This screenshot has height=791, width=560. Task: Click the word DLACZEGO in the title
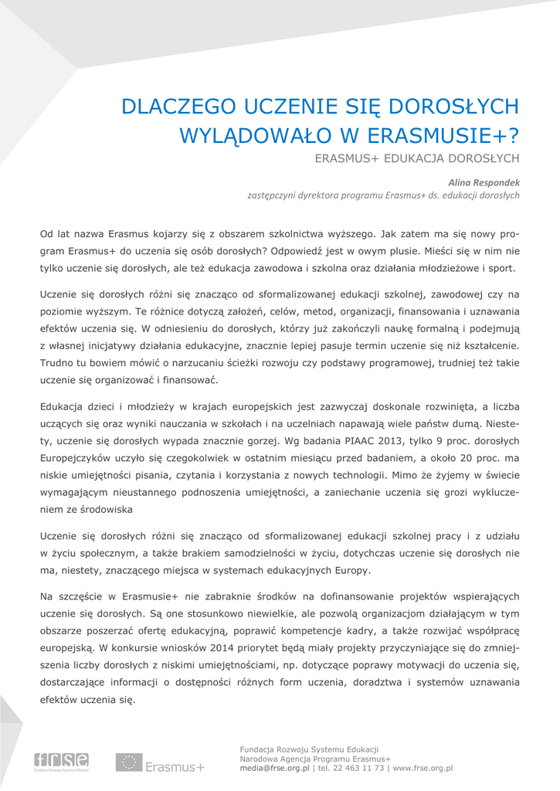tap(178, 106)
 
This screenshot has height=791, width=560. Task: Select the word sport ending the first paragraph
tap(503, 269)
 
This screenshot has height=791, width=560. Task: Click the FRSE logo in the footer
tap(61, 762)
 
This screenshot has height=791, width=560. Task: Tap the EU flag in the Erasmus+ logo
tap(129, 762)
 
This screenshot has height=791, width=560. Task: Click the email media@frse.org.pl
tap(274, 769)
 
